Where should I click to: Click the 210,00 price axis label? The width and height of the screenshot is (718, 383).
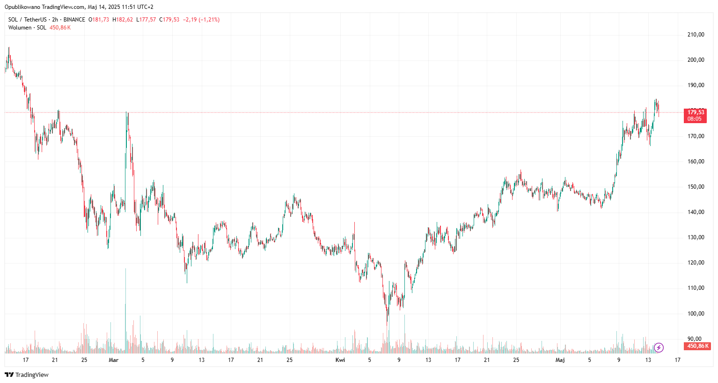[696, 35]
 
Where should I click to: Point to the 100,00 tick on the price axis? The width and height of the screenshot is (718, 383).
[696, 314]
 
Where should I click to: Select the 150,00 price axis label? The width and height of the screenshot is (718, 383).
[696, 187]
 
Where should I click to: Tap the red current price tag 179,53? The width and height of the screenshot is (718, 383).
[696, 112]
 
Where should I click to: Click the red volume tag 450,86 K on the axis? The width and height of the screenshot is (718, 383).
[697, 346]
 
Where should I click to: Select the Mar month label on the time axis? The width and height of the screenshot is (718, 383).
[113, 360]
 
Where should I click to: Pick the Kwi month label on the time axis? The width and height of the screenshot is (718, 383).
[340, 360]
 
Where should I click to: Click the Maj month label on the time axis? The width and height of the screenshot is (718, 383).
[560, 360]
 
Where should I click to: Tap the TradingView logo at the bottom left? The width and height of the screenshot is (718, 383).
[27, 375]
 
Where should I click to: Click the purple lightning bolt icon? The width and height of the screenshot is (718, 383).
[659, 347]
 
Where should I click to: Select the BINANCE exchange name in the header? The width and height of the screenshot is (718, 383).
[74, 20]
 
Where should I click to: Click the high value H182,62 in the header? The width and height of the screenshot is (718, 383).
[123, 20]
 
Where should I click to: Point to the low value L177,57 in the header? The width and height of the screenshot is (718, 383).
[146, 20]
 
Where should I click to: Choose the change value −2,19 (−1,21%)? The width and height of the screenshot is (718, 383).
[201, 20]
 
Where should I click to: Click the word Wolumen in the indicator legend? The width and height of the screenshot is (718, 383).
[20, 28]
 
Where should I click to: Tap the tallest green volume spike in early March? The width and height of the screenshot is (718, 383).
[125, 309]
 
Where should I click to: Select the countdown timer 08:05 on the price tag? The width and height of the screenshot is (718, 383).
[695, 119]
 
